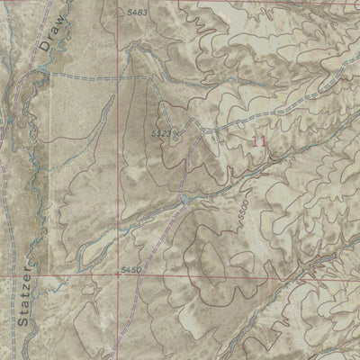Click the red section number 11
(x=261, y=143)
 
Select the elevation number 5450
(x=131, y=268)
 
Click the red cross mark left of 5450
(x=117, y=277)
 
